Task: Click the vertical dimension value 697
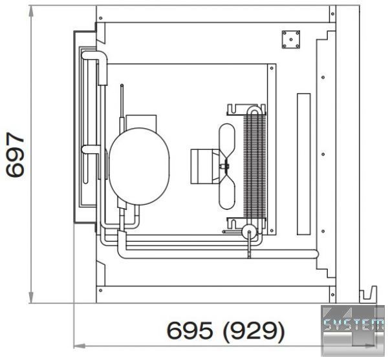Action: point(16,154)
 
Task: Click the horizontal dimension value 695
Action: point(189,331)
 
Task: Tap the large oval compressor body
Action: point(139,166)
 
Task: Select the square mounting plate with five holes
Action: point(291,39)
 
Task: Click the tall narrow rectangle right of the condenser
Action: point(304,164)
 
